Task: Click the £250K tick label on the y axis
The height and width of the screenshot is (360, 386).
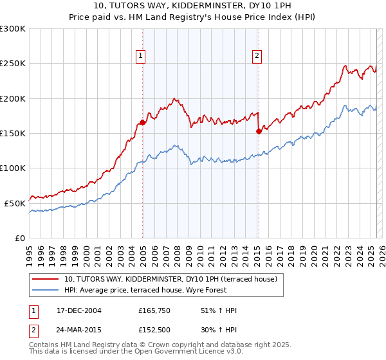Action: (x=13, y=64)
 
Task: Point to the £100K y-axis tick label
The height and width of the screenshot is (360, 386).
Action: (x=13, y=168)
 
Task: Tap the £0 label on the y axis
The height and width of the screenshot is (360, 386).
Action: (x=19, y=238)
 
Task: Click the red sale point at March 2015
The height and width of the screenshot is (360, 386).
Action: (x=259, y=132)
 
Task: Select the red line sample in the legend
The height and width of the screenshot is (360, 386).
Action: (x=46, y=280)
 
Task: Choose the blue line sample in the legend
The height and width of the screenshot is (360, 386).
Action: (x=46, y=291)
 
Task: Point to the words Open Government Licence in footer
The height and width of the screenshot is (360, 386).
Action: (x=170, y=353)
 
